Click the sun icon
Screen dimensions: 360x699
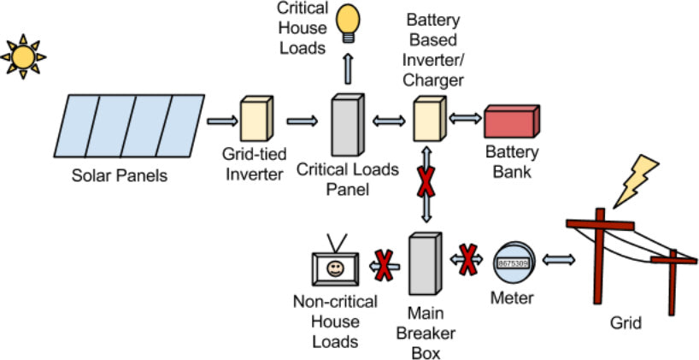(x=23, y=57)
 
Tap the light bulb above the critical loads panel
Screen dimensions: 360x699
(x=348, y=23)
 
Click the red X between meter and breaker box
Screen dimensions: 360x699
(x=467, y=261)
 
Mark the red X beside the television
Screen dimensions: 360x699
(x=385, y=265)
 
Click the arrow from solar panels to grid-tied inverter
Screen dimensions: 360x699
(x=220, y=121)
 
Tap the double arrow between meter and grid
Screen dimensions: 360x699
(x=556, y=260)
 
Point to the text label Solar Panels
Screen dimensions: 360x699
(x=120, y=177)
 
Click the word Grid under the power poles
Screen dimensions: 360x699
(x=626, y=323)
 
